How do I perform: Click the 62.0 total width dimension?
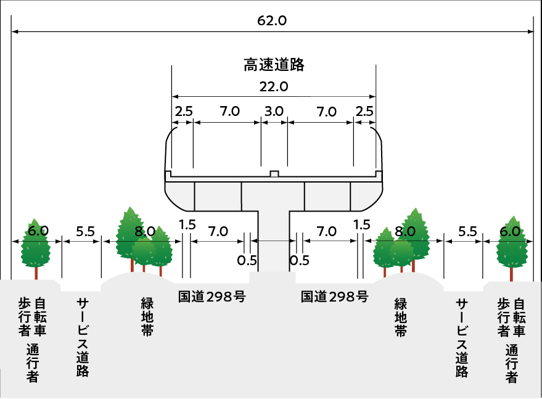(272, 20)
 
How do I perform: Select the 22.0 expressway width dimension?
(274, 87)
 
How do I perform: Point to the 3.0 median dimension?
(274, 112)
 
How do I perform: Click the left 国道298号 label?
(211, 297)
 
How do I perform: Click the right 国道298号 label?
(335, 297)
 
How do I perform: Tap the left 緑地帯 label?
(147, 317)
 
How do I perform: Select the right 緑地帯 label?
(401, 317)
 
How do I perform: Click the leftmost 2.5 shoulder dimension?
(184, 112)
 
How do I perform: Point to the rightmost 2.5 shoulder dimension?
(364, 112)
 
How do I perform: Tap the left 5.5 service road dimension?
(85, 232)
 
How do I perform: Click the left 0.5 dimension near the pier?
(247, 260)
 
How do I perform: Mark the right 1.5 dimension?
(363, 224)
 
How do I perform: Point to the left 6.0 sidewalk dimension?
(38, 231)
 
